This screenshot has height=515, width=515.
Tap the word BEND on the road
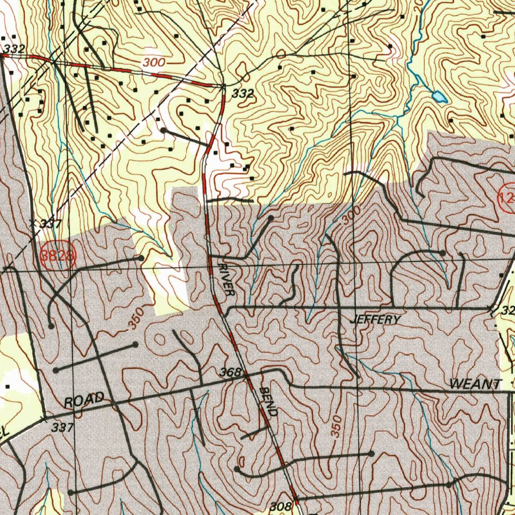point(269,402)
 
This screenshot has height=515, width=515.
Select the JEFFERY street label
point(377,320)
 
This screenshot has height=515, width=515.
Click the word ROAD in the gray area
point(84,401)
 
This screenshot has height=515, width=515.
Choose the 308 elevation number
point(281,506)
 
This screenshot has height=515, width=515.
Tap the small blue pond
point(439,96)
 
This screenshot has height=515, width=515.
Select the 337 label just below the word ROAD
point(63,427)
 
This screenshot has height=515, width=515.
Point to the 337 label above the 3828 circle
point(50,224)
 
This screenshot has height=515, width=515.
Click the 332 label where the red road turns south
point(242,93)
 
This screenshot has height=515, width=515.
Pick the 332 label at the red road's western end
point(14,48)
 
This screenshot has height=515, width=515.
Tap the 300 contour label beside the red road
point(154,63)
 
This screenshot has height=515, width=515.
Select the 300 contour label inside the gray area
point(351,217)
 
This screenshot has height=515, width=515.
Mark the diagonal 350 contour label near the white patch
point(135,318)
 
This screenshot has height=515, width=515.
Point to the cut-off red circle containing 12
point(506,198)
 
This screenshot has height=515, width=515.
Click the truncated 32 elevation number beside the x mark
point(507,311)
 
